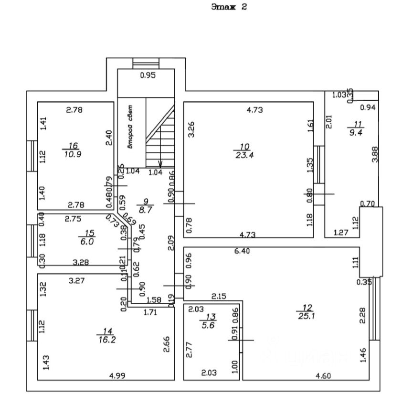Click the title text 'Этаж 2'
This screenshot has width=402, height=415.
[229, 7]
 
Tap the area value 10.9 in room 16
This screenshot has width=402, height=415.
[74, 155]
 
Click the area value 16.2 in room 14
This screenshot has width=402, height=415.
[106, 341]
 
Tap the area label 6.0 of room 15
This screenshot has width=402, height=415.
[89, 242]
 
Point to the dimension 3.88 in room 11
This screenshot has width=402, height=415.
[375, 154]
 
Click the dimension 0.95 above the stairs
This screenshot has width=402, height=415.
[148, 75]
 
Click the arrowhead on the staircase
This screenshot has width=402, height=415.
[160, 164]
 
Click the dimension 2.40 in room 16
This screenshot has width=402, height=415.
[109, 138]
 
